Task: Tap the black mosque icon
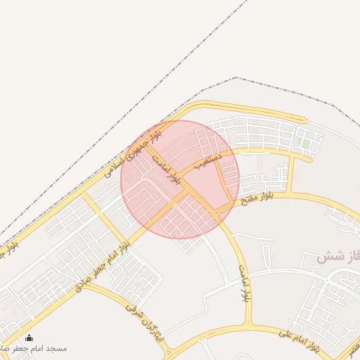[28, 338]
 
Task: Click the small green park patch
[305, 144]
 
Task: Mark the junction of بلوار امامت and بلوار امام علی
[247, 326]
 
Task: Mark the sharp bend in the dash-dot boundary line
[236, 78]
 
